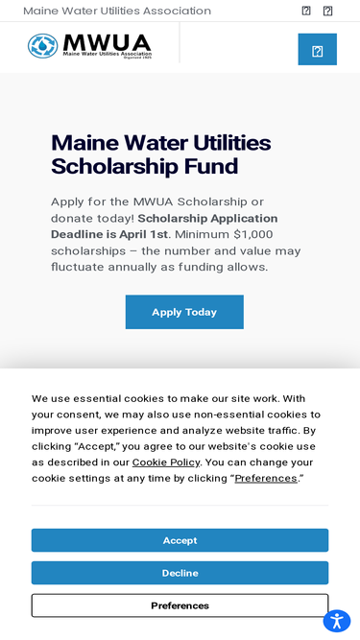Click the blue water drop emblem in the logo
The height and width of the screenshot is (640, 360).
(x=42, y=45)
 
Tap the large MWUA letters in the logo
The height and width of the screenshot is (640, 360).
(x=107, y=42)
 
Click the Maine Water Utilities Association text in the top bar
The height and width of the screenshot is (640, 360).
(x=117, y=11)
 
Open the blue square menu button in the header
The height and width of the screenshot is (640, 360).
(x=317, y=50)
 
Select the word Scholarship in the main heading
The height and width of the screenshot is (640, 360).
(x=111, y=166)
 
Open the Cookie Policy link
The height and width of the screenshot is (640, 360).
(x=166, y=462)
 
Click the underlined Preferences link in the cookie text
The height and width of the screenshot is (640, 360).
(x=266, y=478)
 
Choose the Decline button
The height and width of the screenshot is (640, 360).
(x=180, y=573)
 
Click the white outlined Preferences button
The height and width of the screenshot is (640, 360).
(x=180, y=605)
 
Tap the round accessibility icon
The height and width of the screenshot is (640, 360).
(x=336, y=620)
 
